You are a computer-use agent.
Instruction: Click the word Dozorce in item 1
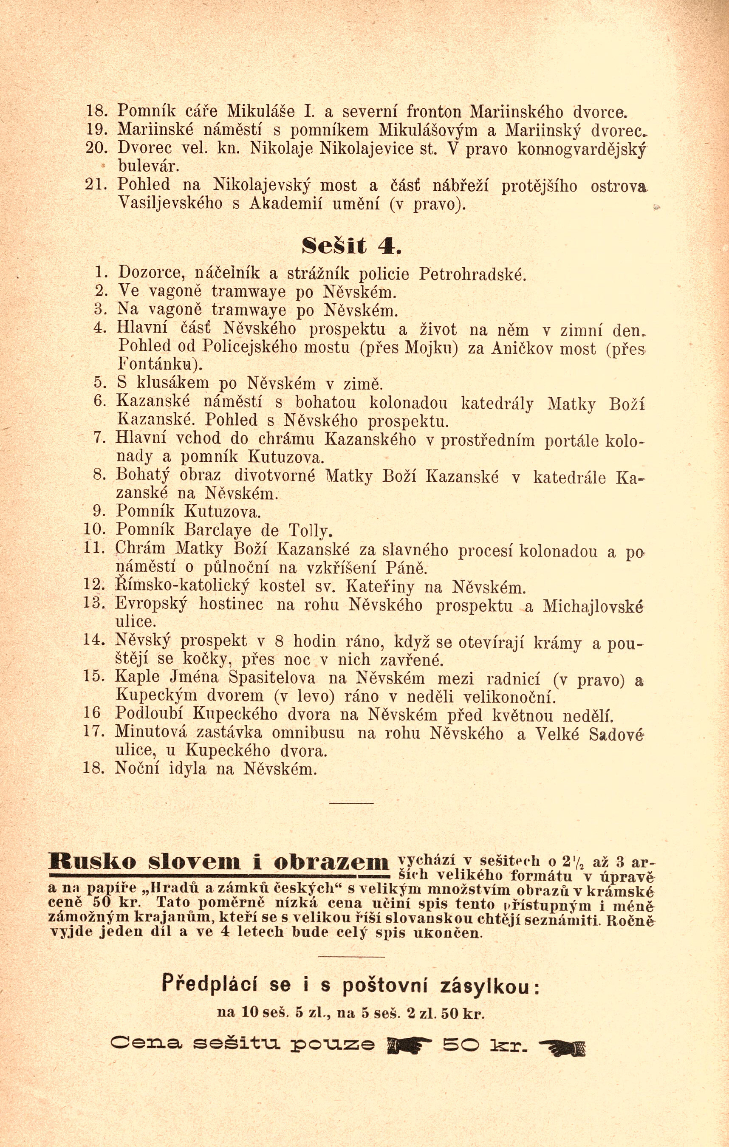150,274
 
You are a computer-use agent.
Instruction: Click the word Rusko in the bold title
92,862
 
